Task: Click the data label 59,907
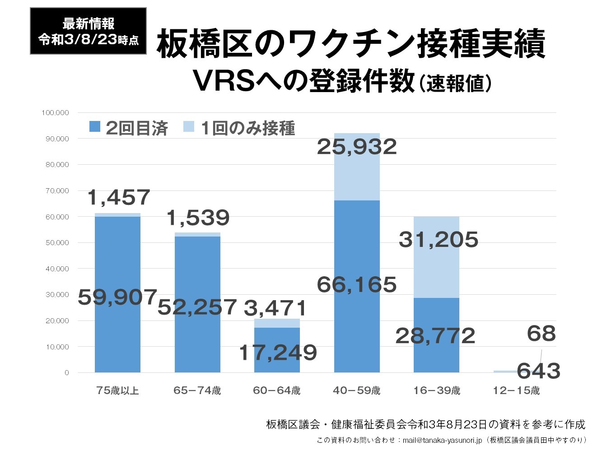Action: [117, 297]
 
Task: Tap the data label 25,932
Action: [357, 147]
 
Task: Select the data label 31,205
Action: [438, 239]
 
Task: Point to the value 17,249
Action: [277, 353]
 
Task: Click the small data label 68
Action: [541, 334]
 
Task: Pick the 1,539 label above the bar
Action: [198, 218]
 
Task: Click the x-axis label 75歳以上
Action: [117, 390]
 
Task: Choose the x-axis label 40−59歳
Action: [357, 390]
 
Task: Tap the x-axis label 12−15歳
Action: [516, 390]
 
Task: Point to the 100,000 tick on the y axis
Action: [56, 112]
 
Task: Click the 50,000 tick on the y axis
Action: [57, 243]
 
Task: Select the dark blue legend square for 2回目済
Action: [95, 127]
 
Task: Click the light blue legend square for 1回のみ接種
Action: [189, 127]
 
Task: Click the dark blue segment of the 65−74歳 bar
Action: [197, 271]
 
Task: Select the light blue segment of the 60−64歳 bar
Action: [277, 323]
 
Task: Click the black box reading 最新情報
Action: [88, 31]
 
